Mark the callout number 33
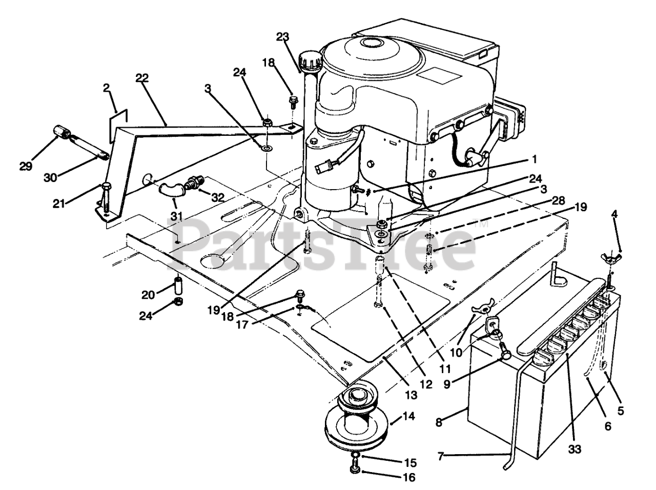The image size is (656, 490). coord(576,450)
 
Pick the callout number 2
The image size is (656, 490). coord(106,88)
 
